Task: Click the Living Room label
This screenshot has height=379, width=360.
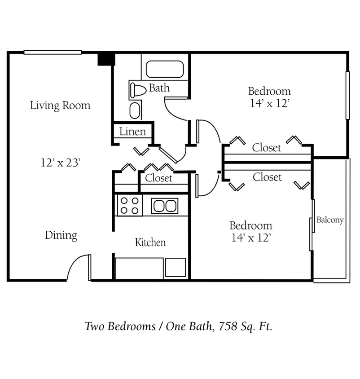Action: (x=60, y=106)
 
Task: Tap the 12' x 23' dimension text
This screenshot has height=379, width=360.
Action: (x=60, y=163)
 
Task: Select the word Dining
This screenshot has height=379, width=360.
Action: (x=61, y=235)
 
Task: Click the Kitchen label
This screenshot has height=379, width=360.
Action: (x=150, y=242)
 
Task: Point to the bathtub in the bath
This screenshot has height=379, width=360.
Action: (x=165, y=70)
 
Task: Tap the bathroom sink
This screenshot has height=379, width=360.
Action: (x=135, y=110)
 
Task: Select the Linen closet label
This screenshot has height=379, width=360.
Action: (x=132, y=132)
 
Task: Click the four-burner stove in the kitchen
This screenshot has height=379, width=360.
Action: (x=129, y=206)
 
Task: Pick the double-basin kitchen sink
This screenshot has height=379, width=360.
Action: (x=164, y=206)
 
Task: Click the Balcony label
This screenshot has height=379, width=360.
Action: (x=330, y=220)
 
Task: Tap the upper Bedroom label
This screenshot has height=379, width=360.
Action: (x=269, y=91)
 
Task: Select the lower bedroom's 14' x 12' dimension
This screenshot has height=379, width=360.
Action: (x=251, y=238)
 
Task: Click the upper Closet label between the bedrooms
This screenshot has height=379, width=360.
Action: (x=267, y=148)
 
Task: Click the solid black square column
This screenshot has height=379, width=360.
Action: (x=105, y=59)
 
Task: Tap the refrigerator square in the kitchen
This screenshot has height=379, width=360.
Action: (x=175, y=268)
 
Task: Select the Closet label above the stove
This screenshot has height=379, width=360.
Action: (x=158, y=178)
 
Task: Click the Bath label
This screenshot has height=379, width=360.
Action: (x=159, y=88)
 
